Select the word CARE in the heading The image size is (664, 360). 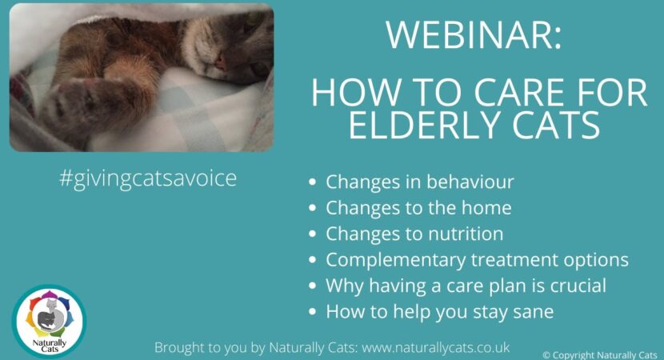pyautogui.click(x=522, y=92)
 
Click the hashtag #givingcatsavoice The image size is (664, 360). pyautogui.click(x=148, y=178)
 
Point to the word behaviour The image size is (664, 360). pyautogui.click(x=470, y=182)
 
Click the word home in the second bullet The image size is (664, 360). pyautogui.click(x=486, y=207)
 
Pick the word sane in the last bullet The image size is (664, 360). pyautogui.click(x=533, y=312)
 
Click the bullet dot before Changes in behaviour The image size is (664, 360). pyautogui.click(x=313, y=182)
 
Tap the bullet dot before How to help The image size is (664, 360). pyautogui.click(x=313, y=312)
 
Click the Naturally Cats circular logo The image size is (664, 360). pyautogui.click(x=49, y=321)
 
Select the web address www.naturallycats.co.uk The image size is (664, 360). pyautogui.click(x=436, y=347)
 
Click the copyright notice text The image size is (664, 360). pyautogui.click(x=600, y=355)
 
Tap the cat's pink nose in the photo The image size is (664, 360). pyautogui.click(x=221, y=62)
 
